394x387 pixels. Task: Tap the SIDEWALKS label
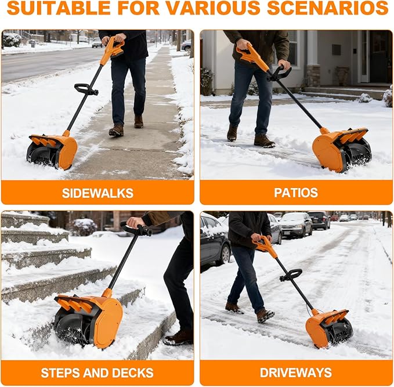[97, 193]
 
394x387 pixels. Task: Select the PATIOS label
[296, 193]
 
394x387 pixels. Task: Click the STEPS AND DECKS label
[97, 372]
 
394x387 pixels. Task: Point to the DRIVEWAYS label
[296, 372]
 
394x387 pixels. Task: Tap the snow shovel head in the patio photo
[341, 149]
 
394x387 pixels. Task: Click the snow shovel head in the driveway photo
[328, 328]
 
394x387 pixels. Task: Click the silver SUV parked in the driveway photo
[296, 225]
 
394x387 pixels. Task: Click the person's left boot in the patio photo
[264, 140]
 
